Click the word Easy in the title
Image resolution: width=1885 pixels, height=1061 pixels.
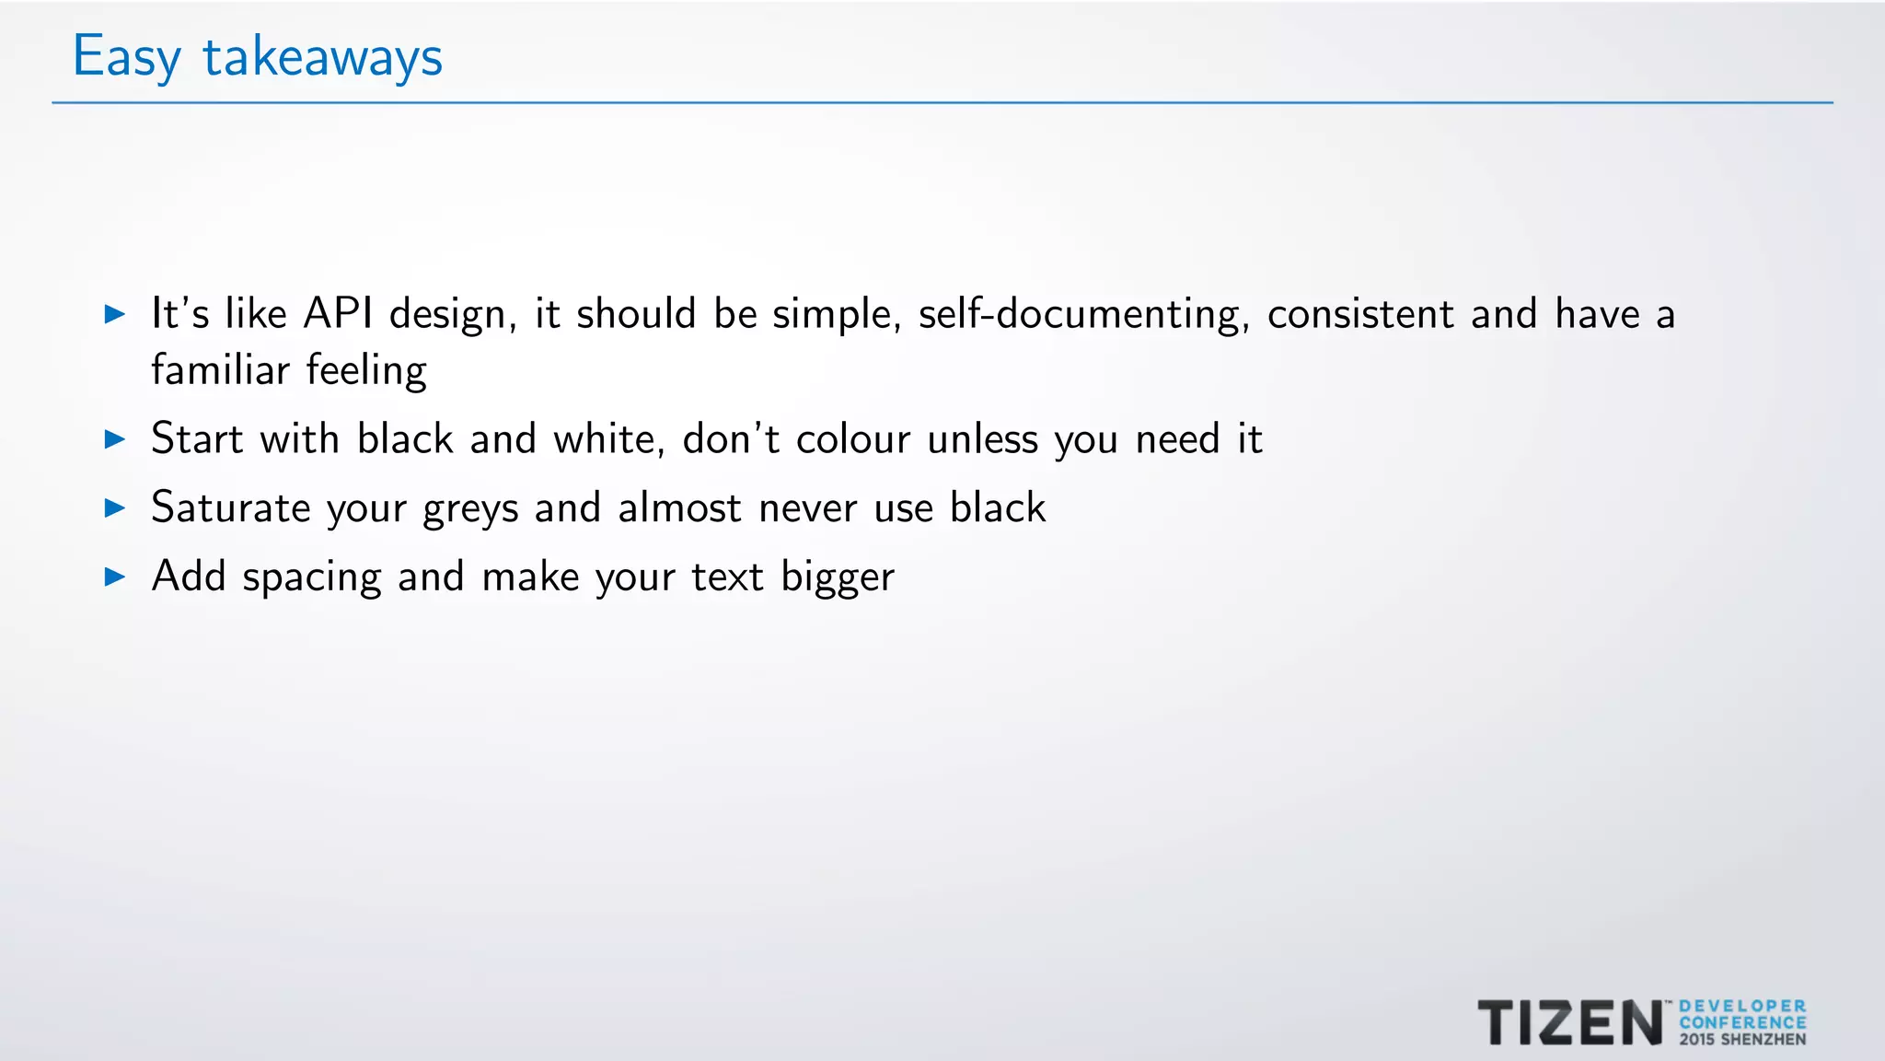pos(126,57)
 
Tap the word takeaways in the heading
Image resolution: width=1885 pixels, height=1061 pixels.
pos(322,57)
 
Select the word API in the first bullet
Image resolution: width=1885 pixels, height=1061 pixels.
pos(339,314)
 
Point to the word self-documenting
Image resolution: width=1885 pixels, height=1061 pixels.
pos(1083,314)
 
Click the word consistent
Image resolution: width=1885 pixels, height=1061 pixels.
pos(1360,314)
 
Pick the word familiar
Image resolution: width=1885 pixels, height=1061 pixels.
pos(220,370)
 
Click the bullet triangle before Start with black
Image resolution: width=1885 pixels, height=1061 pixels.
pos(115,439)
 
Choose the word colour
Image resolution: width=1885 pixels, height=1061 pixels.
pos(853,439)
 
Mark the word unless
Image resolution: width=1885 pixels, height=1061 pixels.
pos(982,439)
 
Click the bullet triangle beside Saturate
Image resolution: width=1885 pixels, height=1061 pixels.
pos(115,507)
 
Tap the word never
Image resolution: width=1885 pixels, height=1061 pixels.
pos(807,508)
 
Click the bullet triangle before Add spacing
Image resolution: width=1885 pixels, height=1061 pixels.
pos(115,577)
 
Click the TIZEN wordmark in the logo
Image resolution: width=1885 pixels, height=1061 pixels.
pos(1570,1022)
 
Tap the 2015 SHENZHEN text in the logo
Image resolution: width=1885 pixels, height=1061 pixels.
pos(1742,1040)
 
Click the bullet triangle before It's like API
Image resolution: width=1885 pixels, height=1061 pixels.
pos(115,314)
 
